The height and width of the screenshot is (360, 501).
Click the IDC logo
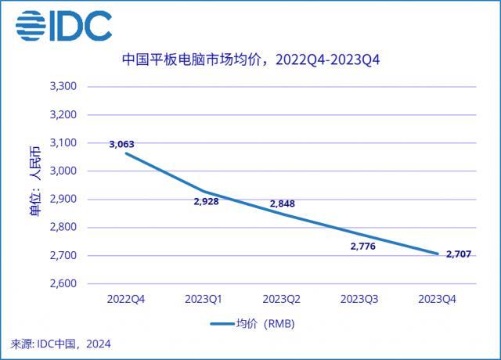(x=64, y=26)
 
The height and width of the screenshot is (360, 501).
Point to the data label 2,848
(x=283, y=203)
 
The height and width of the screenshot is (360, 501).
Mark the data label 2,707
(x=460, y=254)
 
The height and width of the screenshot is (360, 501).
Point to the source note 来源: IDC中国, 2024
(x=61, y=343)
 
